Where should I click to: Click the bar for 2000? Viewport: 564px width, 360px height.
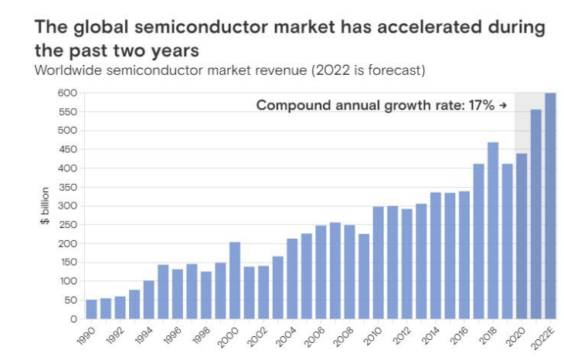click(x=235, y=280)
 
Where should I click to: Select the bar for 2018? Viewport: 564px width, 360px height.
click(x=493, y=230)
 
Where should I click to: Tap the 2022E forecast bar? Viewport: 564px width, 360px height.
click(x=550, y=205)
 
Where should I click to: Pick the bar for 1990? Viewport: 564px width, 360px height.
click(x=91, y=309)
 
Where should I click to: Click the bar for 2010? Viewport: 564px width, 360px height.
click(x=379, y=263)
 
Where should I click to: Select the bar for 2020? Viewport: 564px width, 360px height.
click(x=522, y=236)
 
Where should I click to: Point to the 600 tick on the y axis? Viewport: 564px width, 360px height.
click(x=67, y=93)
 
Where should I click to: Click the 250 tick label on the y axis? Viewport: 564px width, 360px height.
click(x=68, y=225)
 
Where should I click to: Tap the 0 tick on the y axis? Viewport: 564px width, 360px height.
click(x=73, y=319)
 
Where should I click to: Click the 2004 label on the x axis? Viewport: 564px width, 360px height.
click(x=286, y=337)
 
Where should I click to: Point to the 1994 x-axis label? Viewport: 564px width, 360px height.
click(x=142, y=336)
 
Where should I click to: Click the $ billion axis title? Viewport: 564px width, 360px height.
click(x=45, y=205)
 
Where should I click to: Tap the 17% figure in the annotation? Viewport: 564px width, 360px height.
click(x=481, y=105)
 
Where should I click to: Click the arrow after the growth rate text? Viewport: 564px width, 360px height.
click(x=503, y=105)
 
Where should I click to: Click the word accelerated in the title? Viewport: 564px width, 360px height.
click(x=429, y=27)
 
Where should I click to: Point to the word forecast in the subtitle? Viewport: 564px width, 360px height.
click(x=397, y=70)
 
